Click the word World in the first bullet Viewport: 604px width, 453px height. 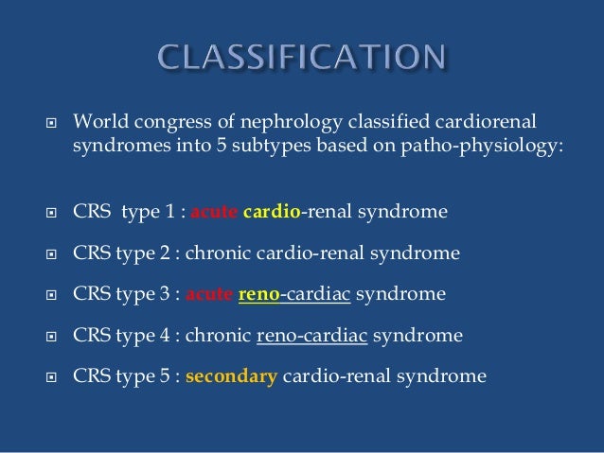(98, 122)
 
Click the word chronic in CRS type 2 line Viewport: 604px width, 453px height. (222, 253)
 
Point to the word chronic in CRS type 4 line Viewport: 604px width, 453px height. (222, 335)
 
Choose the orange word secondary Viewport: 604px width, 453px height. (231, 376)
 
